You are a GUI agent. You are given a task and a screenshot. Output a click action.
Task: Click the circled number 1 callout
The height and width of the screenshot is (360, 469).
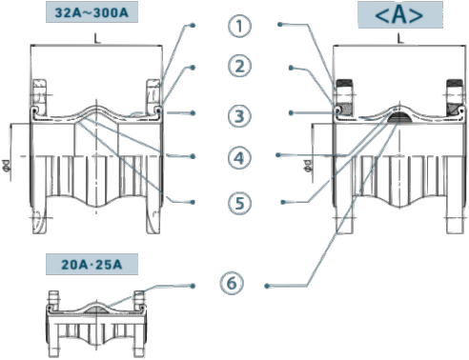click(x=239, y=26)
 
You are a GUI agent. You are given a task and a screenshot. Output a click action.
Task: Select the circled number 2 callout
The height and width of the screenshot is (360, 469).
click(x=239, y=67)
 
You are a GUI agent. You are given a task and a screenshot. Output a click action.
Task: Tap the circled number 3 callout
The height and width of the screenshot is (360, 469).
click(x=239, y=116)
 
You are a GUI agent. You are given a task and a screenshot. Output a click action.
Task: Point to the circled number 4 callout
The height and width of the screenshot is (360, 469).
click(x=239, y=158)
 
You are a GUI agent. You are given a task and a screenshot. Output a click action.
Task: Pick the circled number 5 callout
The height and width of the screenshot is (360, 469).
click(x=239, y=203)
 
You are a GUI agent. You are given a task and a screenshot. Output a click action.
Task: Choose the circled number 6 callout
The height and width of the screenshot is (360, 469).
click(x=232, y=283)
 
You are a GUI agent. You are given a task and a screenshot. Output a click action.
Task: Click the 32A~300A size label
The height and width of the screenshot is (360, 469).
click(x=92, y=12)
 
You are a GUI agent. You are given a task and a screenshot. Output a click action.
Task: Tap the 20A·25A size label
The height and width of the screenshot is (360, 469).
click(x=92, y=264)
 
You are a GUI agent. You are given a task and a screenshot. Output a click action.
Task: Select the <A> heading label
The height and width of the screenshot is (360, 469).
click(x=400, y=15)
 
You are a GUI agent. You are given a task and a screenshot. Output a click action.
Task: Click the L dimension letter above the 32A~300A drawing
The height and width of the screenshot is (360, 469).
click(x=97, y=39)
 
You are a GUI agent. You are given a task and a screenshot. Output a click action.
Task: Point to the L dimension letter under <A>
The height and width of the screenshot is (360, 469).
click(x=400, y=39)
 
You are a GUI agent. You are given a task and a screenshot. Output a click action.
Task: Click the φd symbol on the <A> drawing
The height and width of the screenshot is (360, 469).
click(x=308, y=166)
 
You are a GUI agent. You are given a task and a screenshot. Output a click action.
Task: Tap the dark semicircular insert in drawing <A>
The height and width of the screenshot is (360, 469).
click(x=399, y=117)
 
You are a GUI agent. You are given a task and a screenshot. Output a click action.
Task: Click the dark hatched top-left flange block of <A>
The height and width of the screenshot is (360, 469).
click(x=344, y=84)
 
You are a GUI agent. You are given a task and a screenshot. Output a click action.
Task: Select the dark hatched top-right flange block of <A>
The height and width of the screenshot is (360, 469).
click(x=455, y=84)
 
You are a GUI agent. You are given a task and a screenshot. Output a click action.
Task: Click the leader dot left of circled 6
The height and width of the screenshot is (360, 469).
click(x=193, y=286)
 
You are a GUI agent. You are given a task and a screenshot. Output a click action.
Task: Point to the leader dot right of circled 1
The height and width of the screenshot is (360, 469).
click(x=280, y=24)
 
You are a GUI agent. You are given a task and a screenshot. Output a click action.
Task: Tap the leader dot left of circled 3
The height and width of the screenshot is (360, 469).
click(x=193, y=113)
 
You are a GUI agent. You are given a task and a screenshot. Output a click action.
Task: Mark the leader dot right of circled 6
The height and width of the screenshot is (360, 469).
click(x=267, y=286)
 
